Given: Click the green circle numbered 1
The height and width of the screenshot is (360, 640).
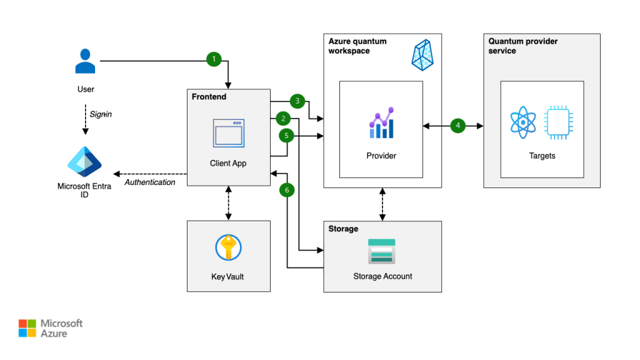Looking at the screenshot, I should click(x=214, y=59).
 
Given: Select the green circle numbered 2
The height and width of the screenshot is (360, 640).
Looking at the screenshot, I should click(x=283, y=118).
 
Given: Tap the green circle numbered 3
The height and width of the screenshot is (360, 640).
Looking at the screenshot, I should click(x=298, y=101).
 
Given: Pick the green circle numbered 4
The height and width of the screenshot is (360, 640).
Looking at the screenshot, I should click(x=458, y=126).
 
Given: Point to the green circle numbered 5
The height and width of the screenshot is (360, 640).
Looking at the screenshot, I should click(x=287, y=135).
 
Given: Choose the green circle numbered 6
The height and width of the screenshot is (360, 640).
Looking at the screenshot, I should click(x=287, y=189).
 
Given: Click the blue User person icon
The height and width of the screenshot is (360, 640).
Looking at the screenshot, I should click(x=86, y=61).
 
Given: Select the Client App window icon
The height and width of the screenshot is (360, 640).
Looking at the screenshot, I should click(x=229, y=133).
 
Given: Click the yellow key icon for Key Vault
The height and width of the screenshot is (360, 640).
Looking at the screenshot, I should click(x=228, y=248).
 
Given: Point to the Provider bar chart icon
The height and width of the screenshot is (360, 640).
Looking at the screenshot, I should click(x=381, y=123).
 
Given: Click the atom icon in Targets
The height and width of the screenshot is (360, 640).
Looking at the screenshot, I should click(x=523, y=122).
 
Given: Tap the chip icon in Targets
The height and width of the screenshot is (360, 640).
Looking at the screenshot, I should click(x=557, y=122).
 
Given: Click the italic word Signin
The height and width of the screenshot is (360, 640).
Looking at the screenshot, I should click(x=101, y=114).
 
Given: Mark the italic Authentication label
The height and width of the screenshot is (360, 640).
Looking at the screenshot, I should click(x=150, y=182).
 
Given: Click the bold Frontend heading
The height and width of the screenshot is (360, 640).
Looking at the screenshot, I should click(x=209, y=97).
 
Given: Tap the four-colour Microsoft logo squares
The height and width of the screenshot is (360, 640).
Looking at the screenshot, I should click(x=27, y=328).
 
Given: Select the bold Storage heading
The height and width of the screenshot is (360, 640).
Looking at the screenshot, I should click(x=343, y=229).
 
